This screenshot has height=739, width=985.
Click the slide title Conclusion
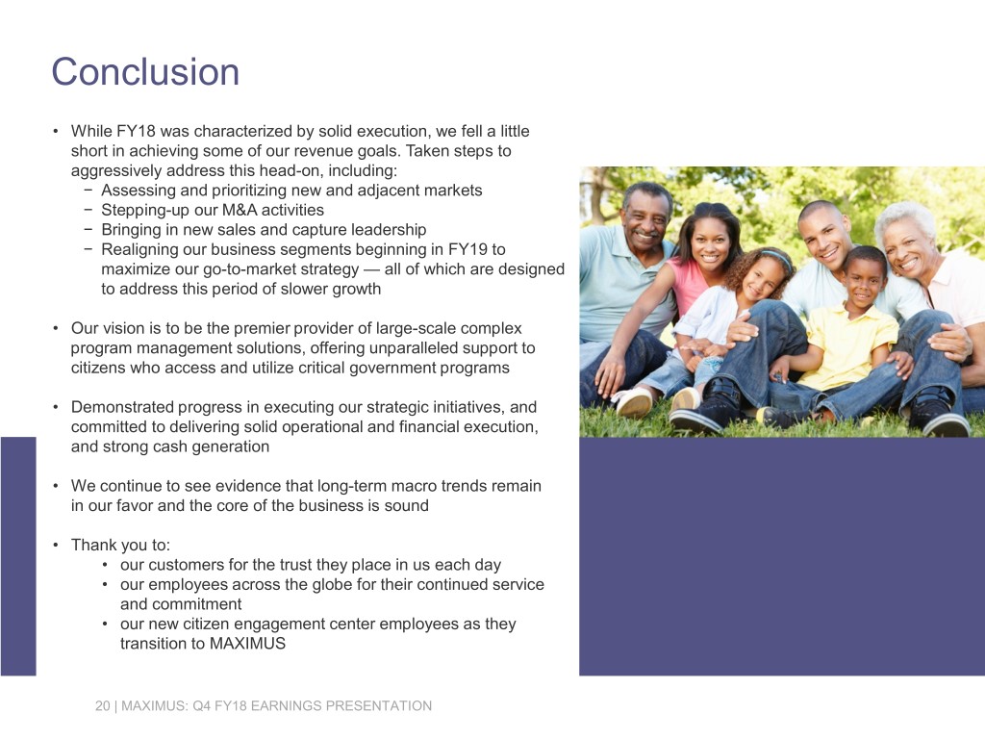145,72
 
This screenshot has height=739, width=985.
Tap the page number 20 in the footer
103,706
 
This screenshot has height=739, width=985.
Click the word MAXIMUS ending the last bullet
247,644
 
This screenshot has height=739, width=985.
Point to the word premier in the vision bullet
224,329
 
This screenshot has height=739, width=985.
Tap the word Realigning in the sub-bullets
139,249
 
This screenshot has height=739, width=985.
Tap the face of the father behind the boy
824,236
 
